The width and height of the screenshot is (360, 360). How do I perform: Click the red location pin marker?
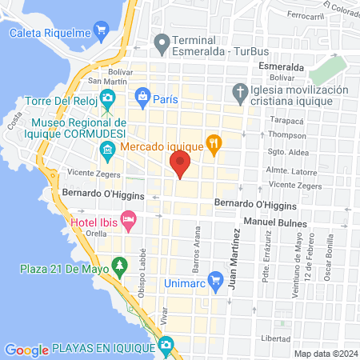(180, 166)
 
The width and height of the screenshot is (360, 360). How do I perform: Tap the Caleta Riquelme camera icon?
(101, 32)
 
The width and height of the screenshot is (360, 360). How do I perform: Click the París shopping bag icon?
(142, 96)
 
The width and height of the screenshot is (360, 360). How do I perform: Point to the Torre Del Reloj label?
(56, 102)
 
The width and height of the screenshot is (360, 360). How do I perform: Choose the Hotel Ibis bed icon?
(128, 218)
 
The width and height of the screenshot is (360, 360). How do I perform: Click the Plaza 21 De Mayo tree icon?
(119, 264)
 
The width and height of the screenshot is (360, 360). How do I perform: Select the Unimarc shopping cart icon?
(214, 280)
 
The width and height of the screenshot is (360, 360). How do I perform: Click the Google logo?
(26, 350)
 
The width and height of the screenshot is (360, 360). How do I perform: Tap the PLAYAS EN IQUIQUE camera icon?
(165, 346)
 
